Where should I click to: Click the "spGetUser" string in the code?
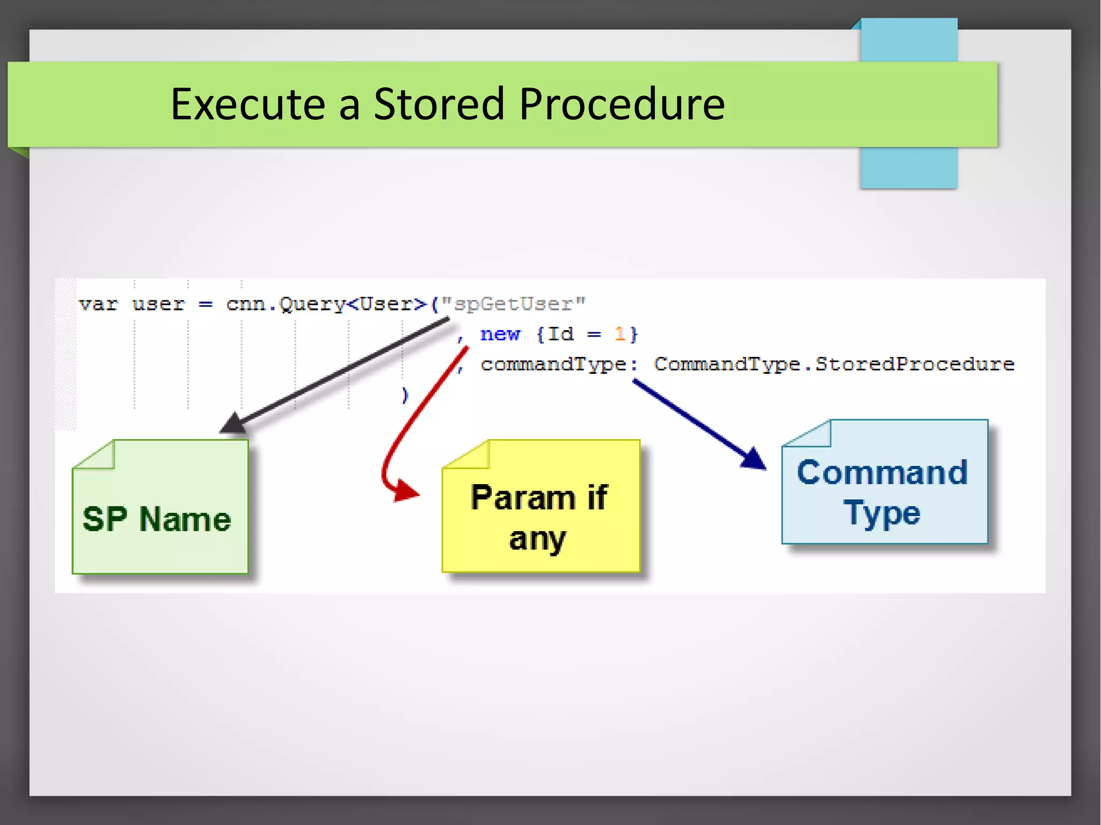click(513, 304)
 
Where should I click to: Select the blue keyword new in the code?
click(500, 334)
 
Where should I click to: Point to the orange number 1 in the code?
click(619, 334)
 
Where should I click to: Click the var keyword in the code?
click(98, 304)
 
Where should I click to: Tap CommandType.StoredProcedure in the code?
click(834, 364)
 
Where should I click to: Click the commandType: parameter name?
click(559, 364)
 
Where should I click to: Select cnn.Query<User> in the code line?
click(326, 304)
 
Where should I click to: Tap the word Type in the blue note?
click(882, 513)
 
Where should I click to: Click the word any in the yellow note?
click(537, 539)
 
